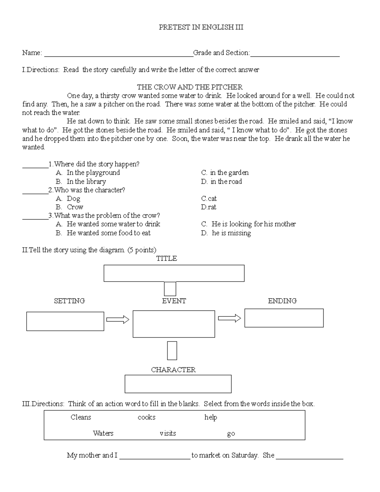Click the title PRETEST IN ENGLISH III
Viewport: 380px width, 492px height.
(201, 27)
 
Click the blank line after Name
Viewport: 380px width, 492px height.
(118, 54)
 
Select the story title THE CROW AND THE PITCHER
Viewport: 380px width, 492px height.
(190, 87)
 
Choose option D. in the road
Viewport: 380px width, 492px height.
(221, 182)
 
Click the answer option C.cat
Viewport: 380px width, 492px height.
(209, 199)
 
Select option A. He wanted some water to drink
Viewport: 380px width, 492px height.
(108, 224)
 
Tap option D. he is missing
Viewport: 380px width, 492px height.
(226, 233)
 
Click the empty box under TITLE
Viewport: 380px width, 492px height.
(174, 273)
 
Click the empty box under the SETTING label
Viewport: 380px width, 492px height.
(65, 321)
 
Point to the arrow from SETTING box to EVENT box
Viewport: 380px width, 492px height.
(118, 320)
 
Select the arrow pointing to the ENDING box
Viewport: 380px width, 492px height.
(230, 318)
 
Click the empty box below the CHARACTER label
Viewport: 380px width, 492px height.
(178, 384)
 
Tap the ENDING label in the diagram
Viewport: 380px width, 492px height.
(282, 301)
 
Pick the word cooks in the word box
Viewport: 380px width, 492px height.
(147, 417)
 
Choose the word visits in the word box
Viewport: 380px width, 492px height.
(168, 433)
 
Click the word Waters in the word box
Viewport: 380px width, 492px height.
(103, 433)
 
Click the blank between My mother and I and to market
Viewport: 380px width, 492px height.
(155, 456)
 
